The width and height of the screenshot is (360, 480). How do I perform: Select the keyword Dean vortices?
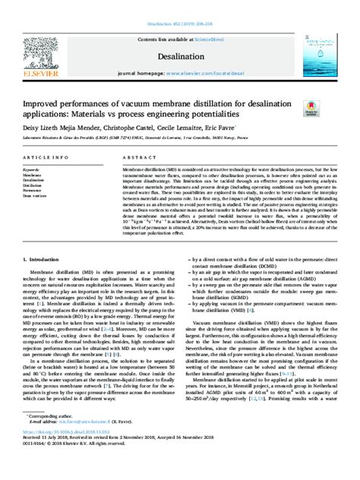[x=37, y=196]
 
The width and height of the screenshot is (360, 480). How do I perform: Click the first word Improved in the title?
[x=46, y=100]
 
